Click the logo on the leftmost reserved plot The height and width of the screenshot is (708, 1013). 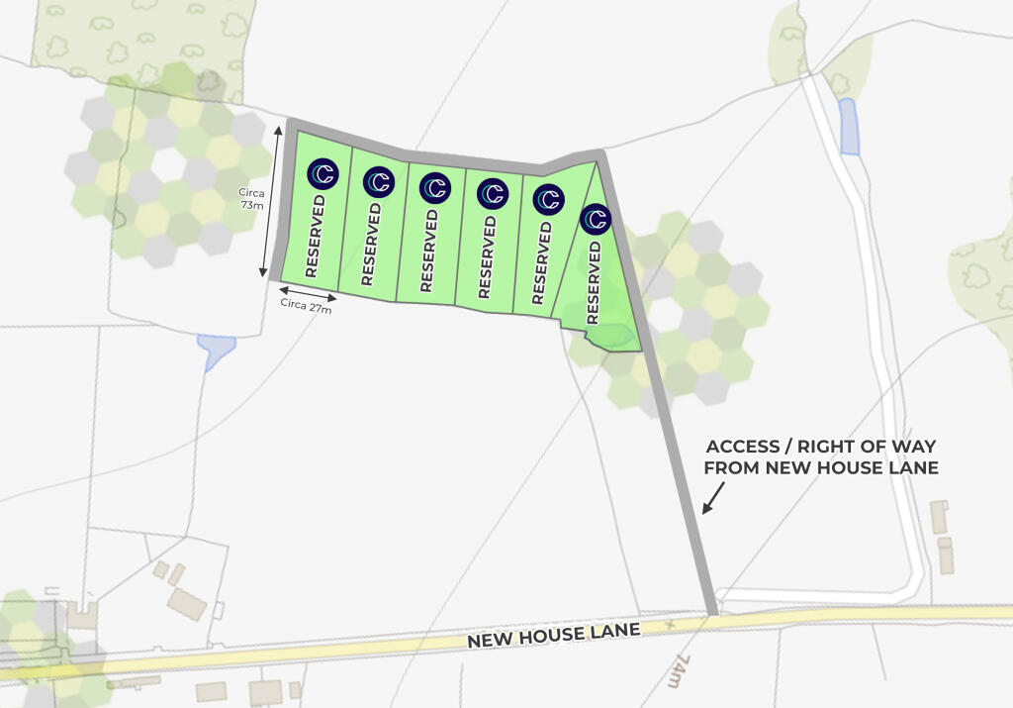tap(322, 174)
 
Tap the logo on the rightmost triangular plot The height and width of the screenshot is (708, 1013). tap(596, 219)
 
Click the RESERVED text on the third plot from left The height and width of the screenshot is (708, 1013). tap(427, 250)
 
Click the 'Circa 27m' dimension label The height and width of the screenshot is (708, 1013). tap(306, 305)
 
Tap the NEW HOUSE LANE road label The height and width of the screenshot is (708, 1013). tap(553, 633)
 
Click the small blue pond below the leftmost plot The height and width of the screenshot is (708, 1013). tap(217, 350)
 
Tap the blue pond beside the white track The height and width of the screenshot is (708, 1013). tap(849, 126)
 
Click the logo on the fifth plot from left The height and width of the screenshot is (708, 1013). tap(548, 199)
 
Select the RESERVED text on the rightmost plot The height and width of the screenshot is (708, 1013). tap(594, 282)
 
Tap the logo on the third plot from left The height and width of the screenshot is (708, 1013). tap(435, 187)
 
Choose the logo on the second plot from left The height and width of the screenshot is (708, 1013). tap(379, 181)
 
